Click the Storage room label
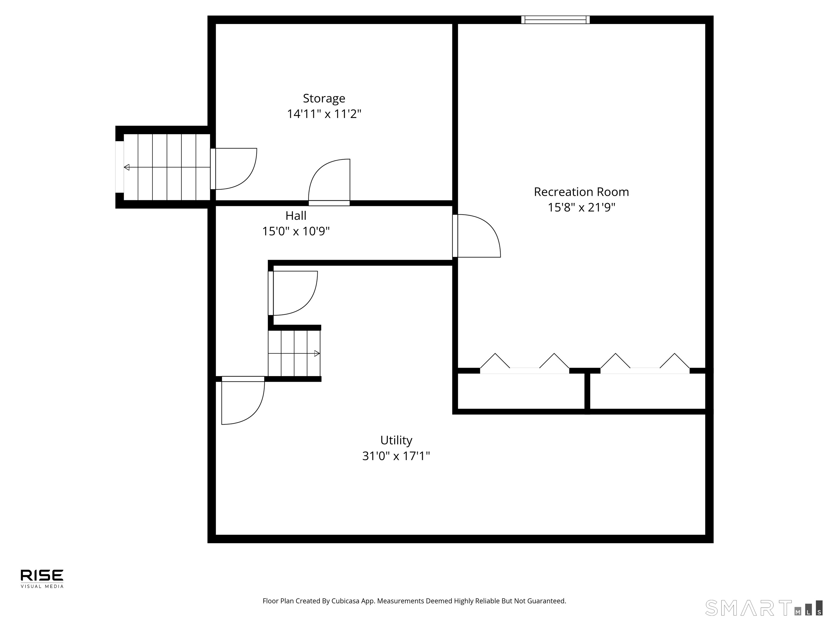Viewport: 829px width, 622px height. click(324, 98)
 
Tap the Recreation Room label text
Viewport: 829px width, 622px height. click(581, 192)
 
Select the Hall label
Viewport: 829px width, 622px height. click(296, 216)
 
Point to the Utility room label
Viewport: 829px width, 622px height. click(396, 440)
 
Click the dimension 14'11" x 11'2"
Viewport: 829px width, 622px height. click(324, 114)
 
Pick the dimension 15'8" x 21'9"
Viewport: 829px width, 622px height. click(581, 207)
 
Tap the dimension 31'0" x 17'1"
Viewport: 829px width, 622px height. click(396, 456)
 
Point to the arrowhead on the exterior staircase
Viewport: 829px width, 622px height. click(127, 167)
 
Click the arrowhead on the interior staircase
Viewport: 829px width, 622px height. click(317, 353)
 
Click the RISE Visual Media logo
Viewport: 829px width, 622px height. click(42, 579)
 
